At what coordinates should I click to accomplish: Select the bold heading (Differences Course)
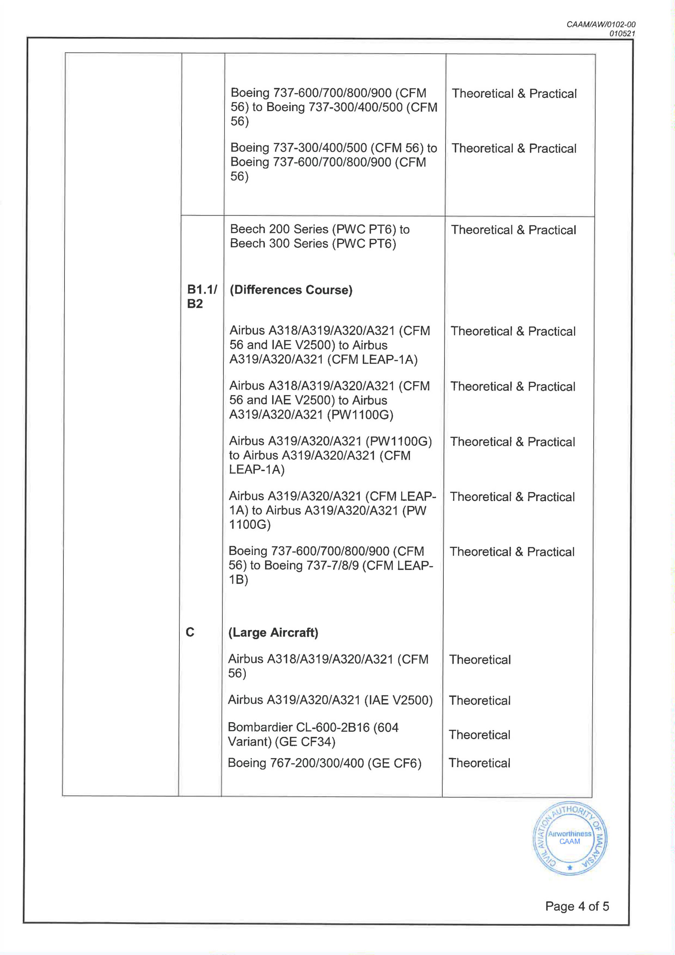click(291, 290)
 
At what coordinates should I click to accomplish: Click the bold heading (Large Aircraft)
click(273, 632)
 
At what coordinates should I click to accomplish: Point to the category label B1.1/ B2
click(202, 296)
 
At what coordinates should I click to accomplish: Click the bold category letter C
click(190, 632)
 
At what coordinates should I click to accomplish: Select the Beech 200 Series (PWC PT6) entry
click(319, 236)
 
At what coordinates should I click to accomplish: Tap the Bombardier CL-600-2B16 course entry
click(313, 734)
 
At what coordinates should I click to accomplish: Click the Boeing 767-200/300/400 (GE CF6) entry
click(324, 763)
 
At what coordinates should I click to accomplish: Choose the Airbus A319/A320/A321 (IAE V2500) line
click(330, 700)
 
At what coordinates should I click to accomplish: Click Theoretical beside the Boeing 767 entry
click(479, 763)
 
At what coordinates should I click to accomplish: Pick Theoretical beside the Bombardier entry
click(480, 735)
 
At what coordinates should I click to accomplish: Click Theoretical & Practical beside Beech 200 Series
click(513, 230)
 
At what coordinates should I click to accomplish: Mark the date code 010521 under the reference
click(622, 34)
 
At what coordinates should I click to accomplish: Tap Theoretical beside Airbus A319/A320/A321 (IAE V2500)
click(480, 701)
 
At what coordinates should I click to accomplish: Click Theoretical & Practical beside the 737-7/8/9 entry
click(512, 552)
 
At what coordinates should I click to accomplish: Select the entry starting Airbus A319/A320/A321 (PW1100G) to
click(330, 455)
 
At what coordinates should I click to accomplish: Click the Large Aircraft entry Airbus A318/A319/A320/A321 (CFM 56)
click(328, 666)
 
